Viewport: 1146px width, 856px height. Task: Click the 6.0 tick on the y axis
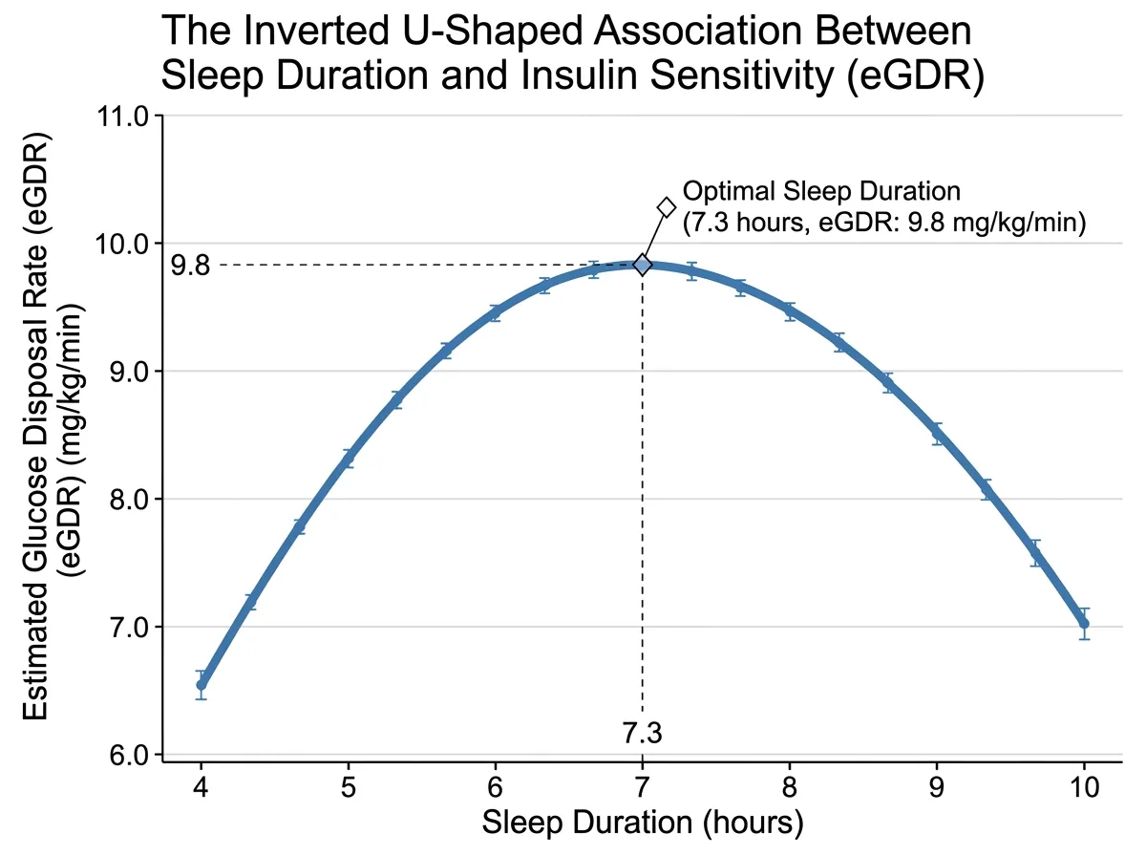pos(128,755)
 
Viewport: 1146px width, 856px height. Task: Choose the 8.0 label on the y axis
pos(128,499)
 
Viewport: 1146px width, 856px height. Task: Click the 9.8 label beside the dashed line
pos(190,265)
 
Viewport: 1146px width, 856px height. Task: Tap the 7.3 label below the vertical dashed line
pos(642,733)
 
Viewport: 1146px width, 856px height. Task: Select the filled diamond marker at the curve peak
pos(642,265)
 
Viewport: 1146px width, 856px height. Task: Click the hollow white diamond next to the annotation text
pos(666,207)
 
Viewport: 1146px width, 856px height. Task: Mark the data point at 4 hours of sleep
pos(202,684)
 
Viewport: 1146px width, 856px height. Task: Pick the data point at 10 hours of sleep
pos(1084,623)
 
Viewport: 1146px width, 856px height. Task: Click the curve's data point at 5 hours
pos(349,460)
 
